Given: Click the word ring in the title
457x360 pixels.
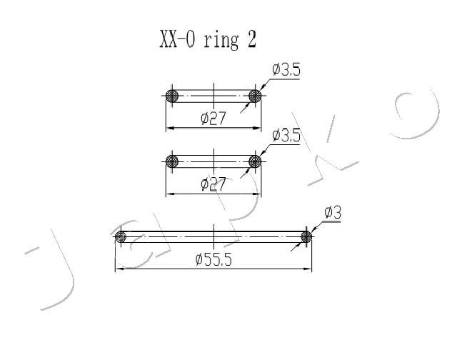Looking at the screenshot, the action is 221,41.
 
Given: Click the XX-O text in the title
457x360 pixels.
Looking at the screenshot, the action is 177,39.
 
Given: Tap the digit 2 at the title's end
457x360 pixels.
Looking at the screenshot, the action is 251,39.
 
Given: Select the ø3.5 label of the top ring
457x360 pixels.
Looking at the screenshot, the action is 286,70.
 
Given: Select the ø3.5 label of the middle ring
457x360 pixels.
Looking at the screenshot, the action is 286,135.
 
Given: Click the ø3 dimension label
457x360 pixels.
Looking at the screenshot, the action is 333,212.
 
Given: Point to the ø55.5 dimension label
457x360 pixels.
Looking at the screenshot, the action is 214,259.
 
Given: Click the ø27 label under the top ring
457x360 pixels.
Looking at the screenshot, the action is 214,119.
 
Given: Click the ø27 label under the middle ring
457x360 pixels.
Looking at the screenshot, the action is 214,184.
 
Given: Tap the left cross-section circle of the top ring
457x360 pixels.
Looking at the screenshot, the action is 172,96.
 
